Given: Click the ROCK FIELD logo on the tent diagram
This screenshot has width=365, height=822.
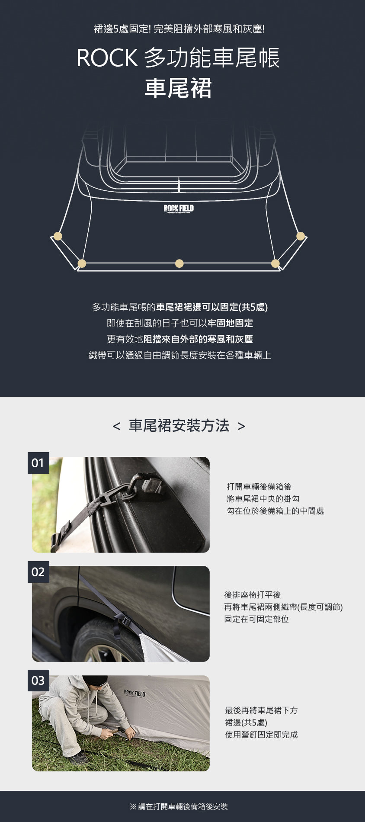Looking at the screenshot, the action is tap(179, 209).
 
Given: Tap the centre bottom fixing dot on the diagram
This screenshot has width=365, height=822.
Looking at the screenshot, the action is tap(179, 263).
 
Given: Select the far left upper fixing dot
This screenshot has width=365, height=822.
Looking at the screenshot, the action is tap(58, 236).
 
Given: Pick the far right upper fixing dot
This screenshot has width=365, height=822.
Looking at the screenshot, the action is tap(301, 236).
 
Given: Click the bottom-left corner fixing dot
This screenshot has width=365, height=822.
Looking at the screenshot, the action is tap(82, 263).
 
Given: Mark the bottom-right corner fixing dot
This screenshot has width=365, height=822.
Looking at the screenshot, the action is tap(275, 263).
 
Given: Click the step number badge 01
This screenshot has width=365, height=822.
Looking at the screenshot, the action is tap(38, 463).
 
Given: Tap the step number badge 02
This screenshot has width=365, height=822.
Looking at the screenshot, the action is tap(38, 572).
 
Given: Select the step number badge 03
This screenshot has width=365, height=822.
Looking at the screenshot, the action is tap(38, 681).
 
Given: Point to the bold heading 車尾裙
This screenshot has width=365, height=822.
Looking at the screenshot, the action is tap(178, 88).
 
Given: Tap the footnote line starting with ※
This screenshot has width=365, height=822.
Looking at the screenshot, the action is tap(179, 806).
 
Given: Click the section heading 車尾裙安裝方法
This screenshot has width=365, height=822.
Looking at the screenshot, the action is tap(179, 426).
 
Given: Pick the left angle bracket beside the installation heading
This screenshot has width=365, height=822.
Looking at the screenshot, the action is tap(116, 427).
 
